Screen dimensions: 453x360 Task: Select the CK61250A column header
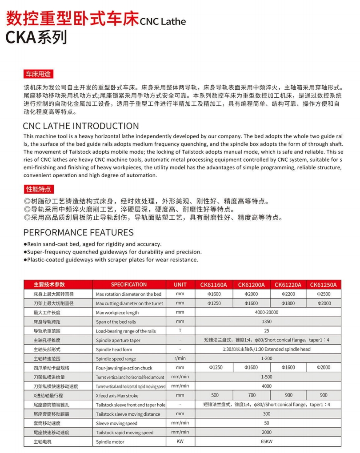point(323,285)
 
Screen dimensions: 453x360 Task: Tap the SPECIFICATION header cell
point(129,285)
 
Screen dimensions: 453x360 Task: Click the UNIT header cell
point(180,285)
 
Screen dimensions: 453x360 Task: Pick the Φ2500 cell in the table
point(324,294)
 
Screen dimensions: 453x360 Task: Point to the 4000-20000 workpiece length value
point(267,313)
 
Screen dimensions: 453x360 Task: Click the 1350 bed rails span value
point(267,322)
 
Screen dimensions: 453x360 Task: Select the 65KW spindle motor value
point(267,441)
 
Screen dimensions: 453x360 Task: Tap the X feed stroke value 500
point(215,395)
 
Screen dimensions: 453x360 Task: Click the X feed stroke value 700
point(252,395)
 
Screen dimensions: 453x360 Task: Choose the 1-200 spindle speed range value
point(267,358)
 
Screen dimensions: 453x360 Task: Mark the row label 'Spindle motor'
point(111,442)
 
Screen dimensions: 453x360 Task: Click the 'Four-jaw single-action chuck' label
point(124,368)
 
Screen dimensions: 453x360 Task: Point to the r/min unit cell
point(180,358)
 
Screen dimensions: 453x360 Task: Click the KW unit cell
point(180,441)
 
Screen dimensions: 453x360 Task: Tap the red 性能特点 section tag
point(38,189)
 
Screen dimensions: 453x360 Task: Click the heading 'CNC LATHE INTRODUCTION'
point(81,126)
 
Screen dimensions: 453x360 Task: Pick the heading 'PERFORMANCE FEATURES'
point(78,232)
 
